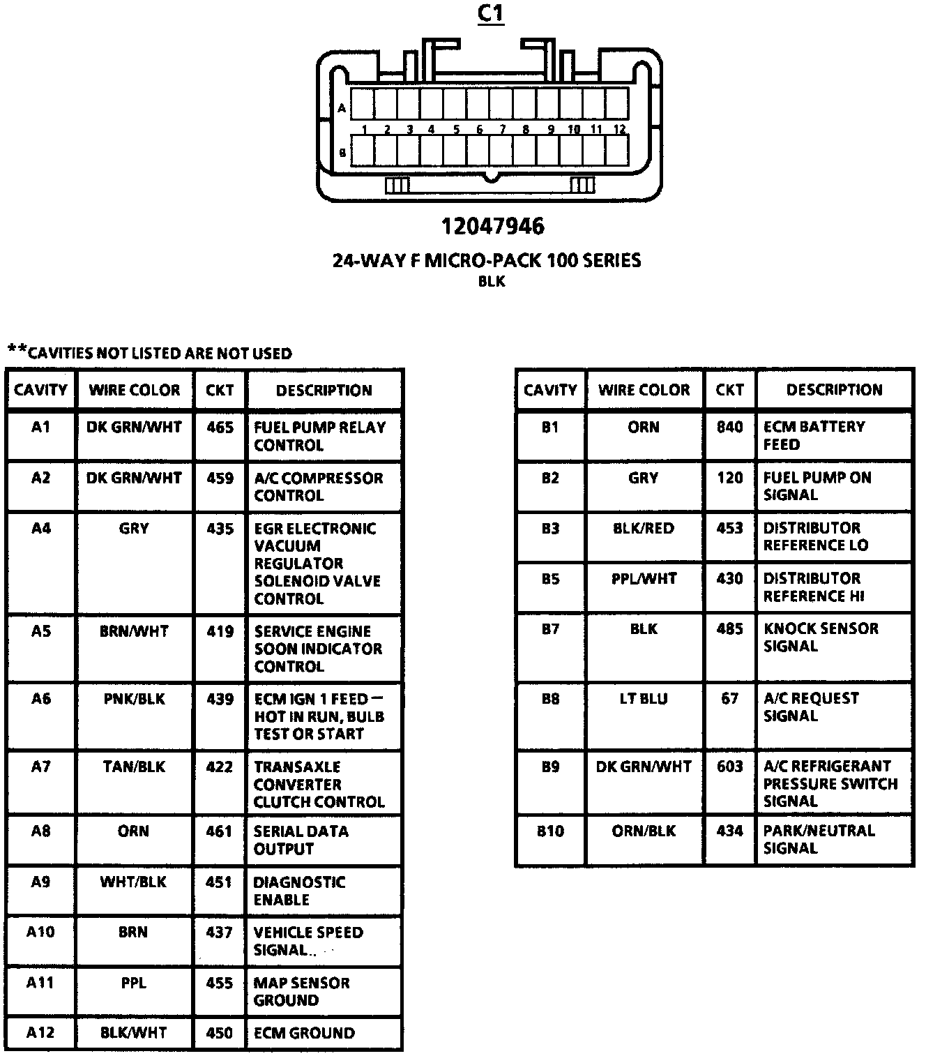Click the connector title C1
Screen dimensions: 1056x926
(491, 14)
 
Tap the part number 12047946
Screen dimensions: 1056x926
(492, 226)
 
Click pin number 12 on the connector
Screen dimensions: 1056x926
(619, 129)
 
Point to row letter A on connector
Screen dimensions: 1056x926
(342, 108)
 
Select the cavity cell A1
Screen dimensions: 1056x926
(41, 427)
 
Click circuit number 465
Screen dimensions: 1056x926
(220, 427)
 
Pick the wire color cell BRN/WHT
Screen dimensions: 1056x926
(134, 631)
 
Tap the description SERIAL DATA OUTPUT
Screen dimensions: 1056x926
(301, 840)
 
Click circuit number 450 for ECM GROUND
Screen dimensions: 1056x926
(220, 1033)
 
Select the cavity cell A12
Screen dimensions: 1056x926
(40, 1033)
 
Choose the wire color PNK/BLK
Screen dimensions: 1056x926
(134, 698)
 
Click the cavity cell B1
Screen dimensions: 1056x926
(550, 426)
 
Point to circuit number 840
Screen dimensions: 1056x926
(729, 426)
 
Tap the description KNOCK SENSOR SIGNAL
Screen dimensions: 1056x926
(821, 638)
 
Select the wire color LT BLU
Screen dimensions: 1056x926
(643, 698)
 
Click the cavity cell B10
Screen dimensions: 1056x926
(550, 831)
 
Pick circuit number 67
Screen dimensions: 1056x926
(729, 698)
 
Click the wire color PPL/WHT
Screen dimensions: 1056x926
(643, 578)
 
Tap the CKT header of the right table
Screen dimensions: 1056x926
(729, 390)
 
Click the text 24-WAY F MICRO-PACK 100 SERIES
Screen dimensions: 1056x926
(486, 261)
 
